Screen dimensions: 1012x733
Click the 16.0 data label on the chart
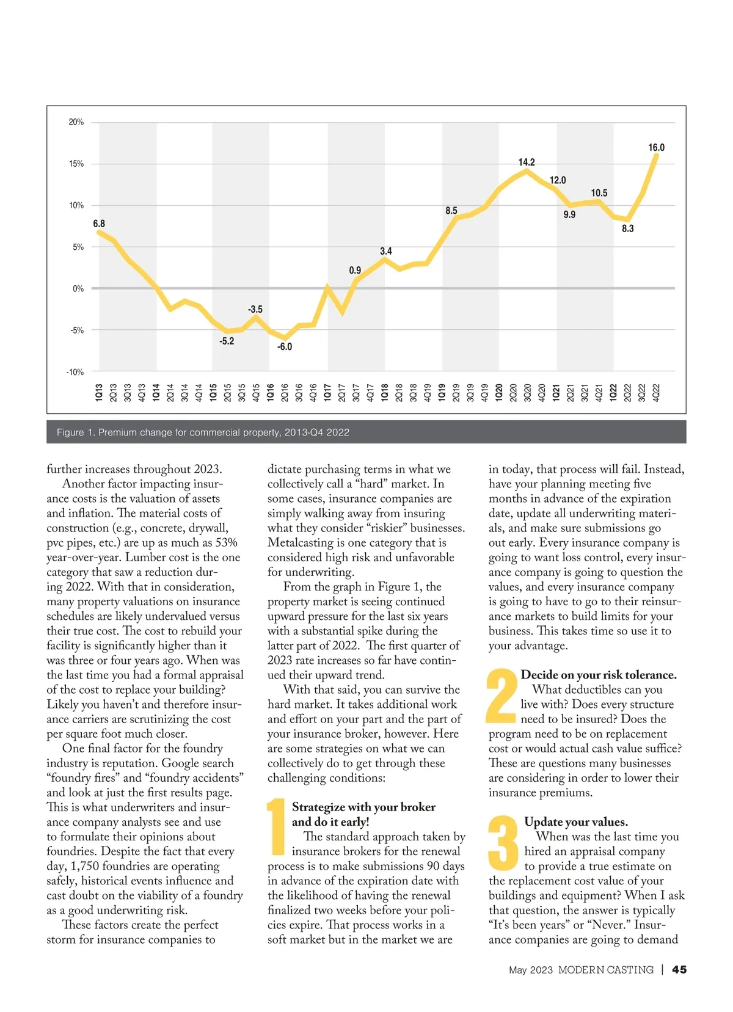coord(656,148)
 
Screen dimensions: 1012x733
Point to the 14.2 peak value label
coord(527,162)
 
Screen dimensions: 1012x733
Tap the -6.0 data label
coord(285,347)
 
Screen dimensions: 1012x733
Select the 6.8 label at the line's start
coord(99,224)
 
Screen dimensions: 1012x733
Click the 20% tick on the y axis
coord(76,122)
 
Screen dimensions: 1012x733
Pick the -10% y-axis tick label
coord(75,372)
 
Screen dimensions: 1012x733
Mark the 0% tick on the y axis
coord(78,289)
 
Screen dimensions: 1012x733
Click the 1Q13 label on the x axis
coord(99,392)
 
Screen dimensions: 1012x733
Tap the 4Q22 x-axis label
coord(657,392)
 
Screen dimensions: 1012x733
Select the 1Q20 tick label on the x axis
coord(499,392)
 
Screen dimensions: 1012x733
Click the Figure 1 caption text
coord(203,432)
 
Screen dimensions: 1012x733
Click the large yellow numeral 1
coord(277,826)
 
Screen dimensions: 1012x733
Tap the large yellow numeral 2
coord(501,695)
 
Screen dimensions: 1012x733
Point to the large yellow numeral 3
coord(503,843)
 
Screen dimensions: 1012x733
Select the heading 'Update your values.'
coord(576,822)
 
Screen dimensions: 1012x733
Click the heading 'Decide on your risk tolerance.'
coord(599,675)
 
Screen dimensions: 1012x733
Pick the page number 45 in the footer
coord(679,970)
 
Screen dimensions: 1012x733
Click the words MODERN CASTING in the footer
coord(605,970)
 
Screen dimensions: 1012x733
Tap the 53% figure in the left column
coord(226,543)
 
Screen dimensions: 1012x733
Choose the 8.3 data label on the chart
coord(628,229)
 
